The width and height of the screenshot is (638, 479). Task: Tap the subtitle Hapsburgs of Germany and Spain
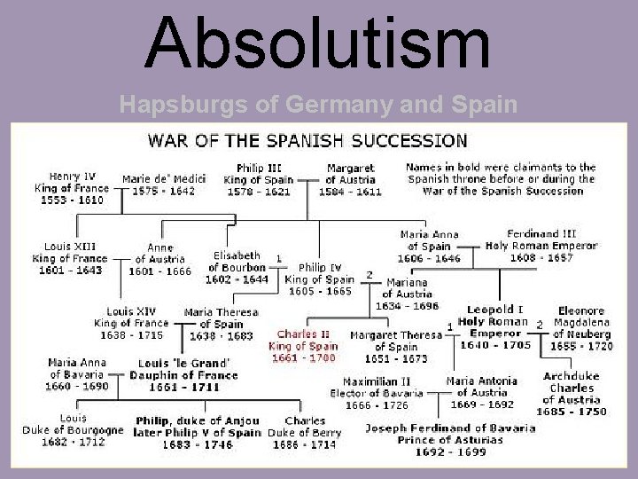(x=318, y=104)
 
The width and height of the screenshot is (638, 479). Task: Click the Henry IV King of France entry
(x=70, y=187)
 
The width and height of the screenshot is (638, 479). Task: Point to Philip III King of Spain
(x=261, y=180)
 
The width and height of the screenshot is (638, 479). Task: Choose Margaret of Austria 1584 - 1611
(x=350, y=180)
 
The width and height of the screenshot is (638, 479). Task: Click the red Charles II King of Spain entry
(x=305, y=346)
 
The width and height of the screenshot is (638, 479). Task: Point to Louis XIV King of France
(x=131, y=324)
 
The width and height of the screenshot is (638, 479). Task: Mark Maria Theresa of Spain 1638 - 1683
(x=222, y=325)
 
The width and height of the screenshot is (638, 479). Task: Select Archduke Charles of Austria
(x=572, y=394)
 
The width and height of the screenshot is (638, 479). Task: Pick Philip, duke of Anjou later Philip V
(x=197, y=432)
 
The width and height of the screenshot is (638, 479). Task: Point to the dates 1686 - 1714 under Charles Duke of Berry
(x=301, y=444)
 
